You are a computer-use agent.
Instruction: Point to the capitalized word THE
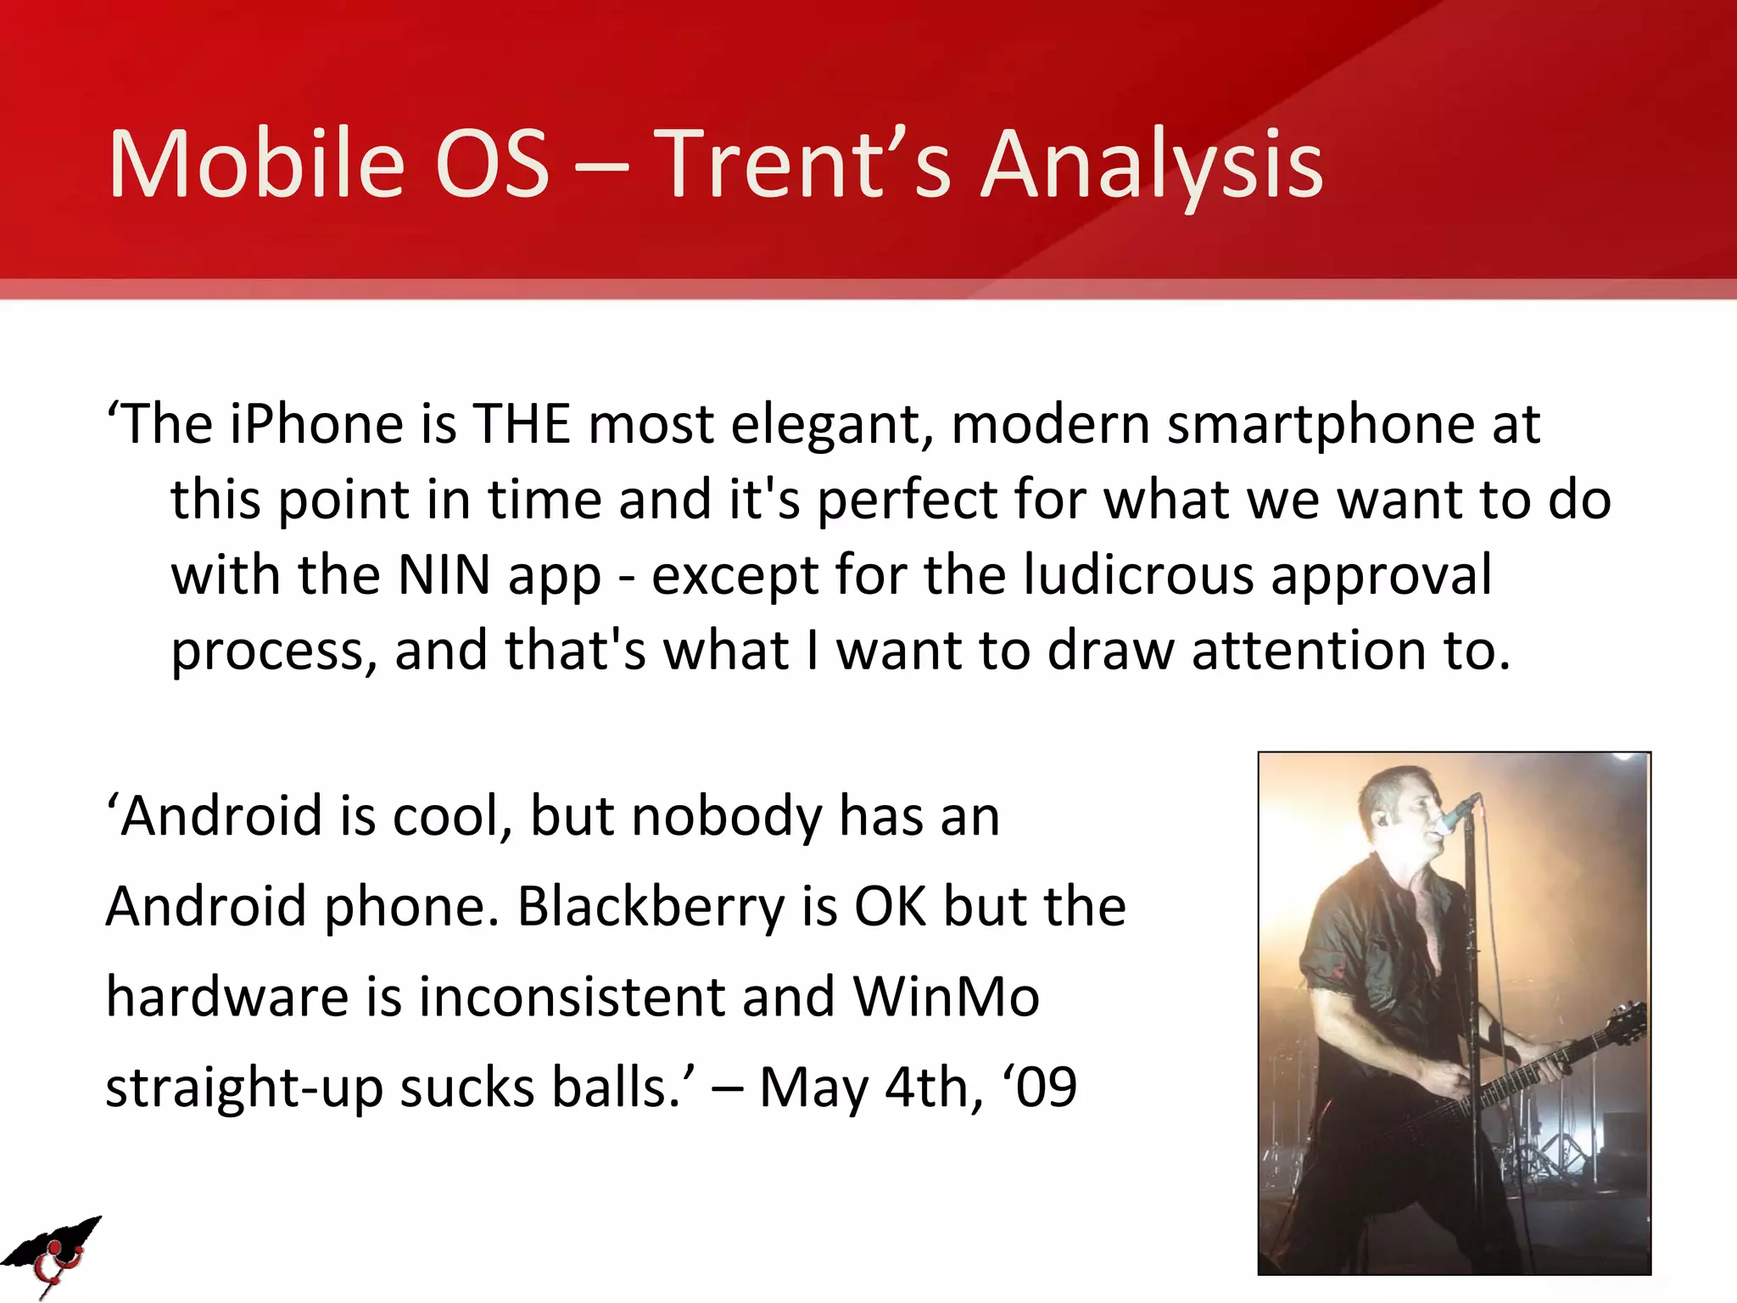pos(522,424)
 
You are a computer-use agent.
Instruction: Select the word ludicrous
pos(1137,576)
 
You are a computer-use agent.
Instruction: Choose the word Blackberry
pos(651,907)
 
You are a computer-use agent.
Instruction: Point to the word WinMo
pos(946,997)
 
